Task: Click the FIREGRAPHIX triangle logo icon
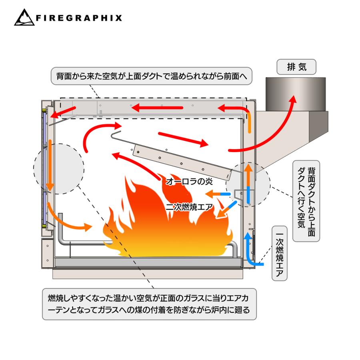(x=24, y=18)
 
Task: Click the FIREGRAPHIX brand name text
(x=79, y=18)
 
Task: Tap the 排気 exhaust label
(x=296, y=67)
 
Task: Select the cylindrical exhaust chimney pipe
(x=296, y=94)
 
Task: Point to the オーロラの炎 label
(x=189, y=181)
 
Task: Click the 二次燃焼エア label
(x=189, y=207)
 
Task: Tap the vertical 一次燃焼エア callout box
(x=280, y=253)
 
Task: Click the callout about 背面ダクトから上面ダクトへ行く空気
(x=306, y=201)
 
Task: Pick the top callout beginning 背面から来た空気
(x=152, y=76)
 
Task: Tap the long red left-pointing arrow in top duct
(x=158, y=108)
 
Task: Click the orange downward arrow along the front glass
(x=50, y=165)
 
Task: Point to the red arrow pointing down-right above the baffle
(x=183, y=139)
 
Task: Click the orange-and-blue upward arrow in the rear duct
(x=248, y=184)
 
